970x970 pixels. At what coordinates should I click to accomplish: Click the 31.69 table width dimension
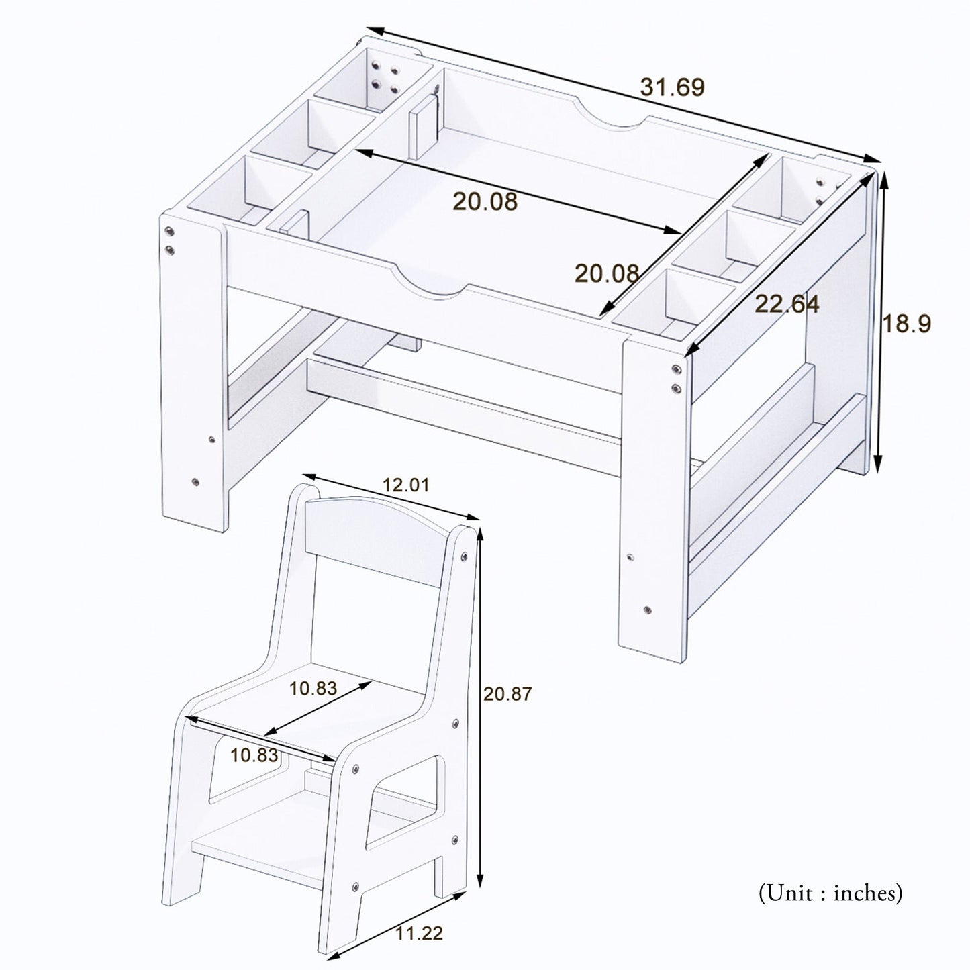click(673, 87)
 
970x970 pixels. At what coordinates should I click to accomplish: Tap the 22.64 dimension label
click(787, 304)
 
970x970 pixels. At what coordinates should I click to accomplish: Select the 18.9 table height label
click(906, 324)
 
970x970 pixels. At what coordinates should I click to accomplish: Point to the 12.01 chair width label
click(405, 485)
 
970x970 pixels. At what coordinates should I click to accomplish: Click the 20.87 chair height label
click(507, 694)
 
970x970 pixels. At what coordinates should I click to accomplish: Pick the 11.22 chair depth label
click(419, 934)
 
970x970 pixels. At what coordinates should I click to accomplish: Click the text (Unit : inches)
click(830, 893)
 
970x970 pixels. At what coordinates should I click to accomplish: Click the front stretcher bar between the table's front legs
click(463, 403)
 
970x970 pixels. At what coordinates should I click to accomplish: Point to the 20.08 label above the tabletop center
click(485, 201)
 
